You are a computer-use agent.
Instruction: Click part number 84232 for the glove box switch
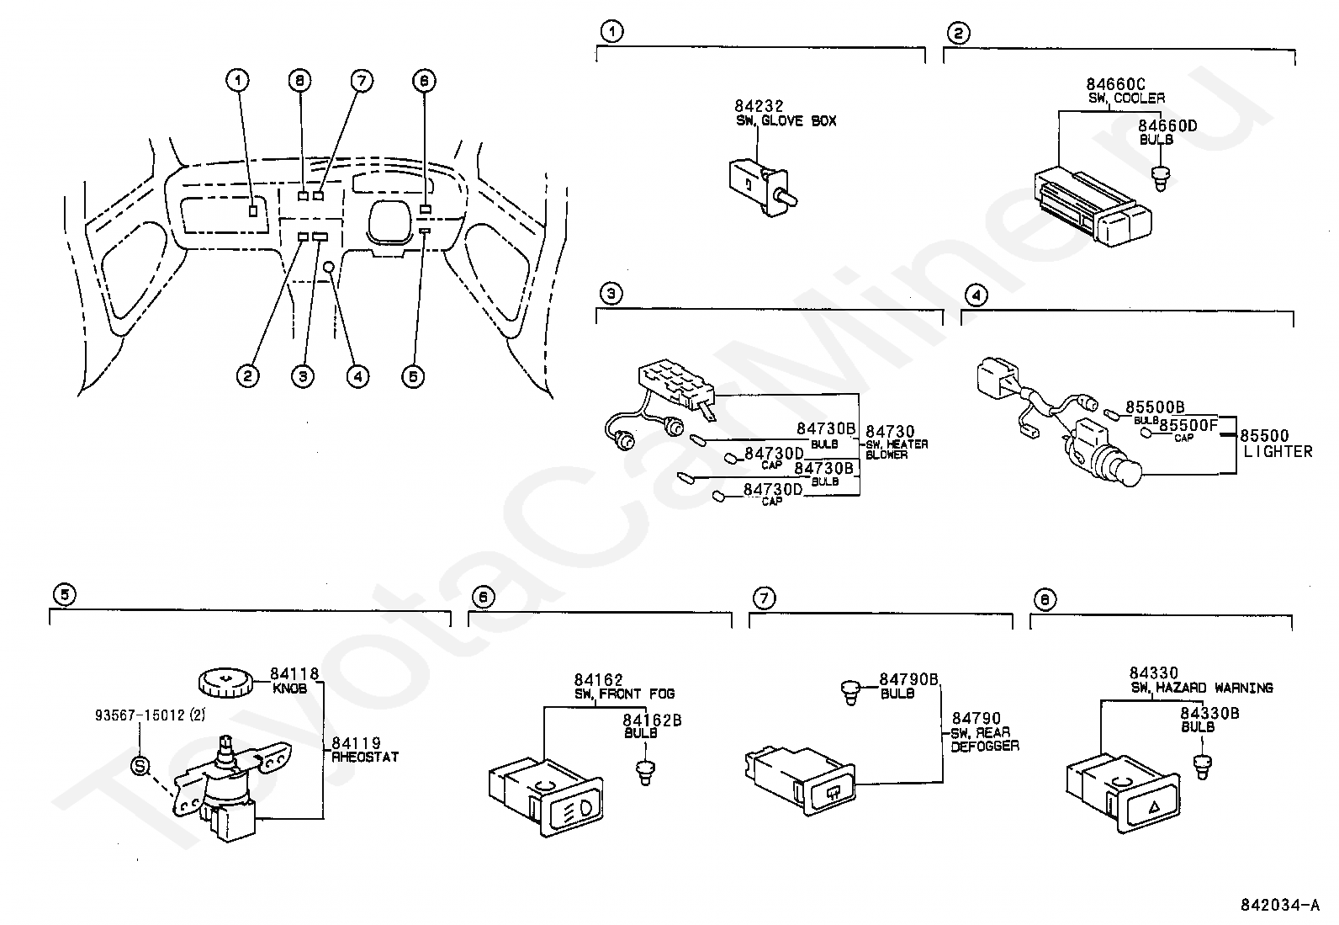point(759,106)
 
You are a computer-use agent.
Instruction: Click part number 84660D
point(1167,125)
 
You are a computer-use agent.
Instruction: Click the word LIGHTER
point(1278,452)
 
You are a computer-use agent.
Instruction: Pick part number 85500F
point(1188,425)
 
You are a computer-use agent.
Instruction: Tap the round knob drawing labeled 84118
point(225,683)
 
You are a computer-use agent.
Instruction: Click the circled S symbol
point(140,766)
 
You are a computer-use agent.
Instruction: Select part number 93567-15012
point(140,715)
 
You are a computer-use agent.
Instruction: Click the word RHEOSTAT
point(365,757)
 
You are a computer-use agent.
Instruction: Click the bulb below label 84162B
point(645,773)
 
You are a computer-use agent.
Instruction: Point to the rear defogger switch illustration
point(801,780)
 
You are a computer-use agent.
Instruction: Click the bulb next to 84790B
point(850,693)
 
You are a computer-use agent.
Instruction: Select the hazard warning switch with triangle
point(1123,795)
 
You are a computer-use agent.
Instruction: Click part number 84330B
point(1209,713)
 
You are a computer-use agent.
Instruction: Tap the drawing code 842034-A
point(1280,905)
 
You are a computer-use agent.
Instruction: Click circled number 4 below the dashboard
point(357,376)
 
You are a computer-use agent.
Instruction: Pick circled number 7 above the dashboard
point(362,81)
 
